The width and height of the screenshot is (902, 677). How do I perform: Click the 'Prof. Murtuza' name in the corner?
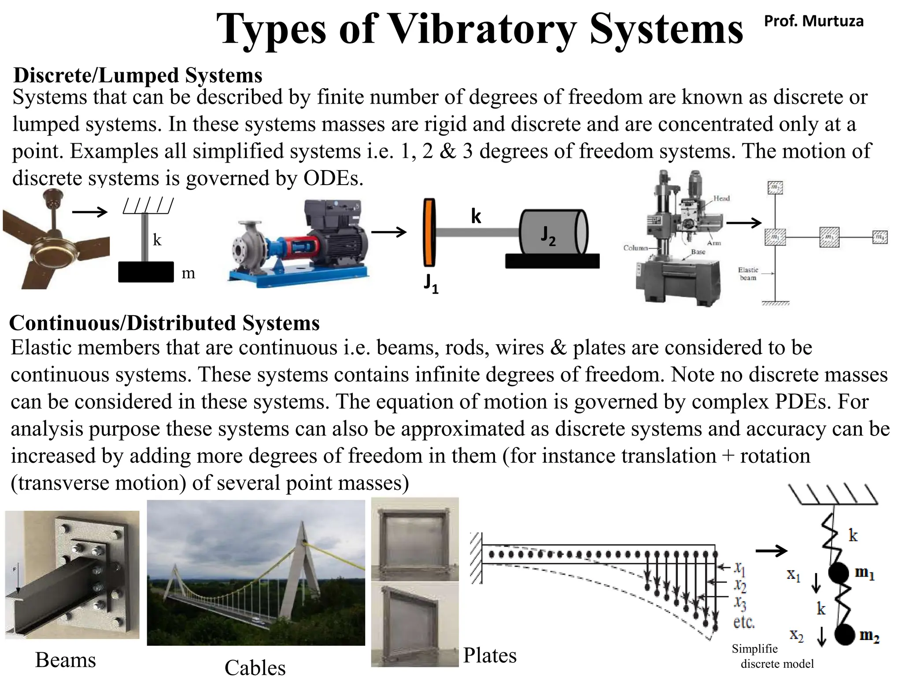[x=813, y=21]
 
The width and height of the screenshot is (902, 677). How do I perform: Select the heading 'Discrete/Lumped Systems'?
[x=138, y=75]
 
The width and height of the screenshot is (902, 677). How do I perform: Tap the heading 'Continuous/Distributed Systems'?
[x=164, y=323]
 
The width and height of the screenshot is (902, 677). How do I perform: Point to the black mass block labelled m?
[x=146, y=272]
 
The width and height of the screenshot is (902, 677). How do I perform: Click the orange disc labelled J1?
[x=429, y=232]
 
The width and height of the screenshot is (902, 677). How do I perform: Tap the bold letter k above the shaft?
[x=476, y=216]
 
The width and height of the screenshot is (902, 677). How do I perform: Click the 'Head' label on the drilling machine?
[x=721, y=198]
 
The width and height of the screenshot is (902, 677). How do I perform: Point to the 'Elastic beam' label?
[x=748, y=274]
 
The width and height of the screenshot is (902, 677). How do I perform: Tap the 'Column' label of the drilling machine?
[x=635, y=248]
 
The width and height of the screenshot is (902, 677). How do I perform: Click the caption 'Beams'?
[x=66, y=660]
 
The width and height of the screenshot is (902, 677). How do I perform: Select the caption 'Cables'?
[x=255, y=667]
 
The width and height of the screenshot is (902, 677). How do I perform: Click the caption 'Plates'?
[x=490, y=655]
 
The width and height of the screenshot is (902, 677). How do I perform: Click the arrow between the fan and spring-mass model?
[x=90, y=212]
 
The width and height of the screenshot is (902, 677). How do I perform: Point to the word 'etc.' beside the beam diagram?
[x=744, y=622]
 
